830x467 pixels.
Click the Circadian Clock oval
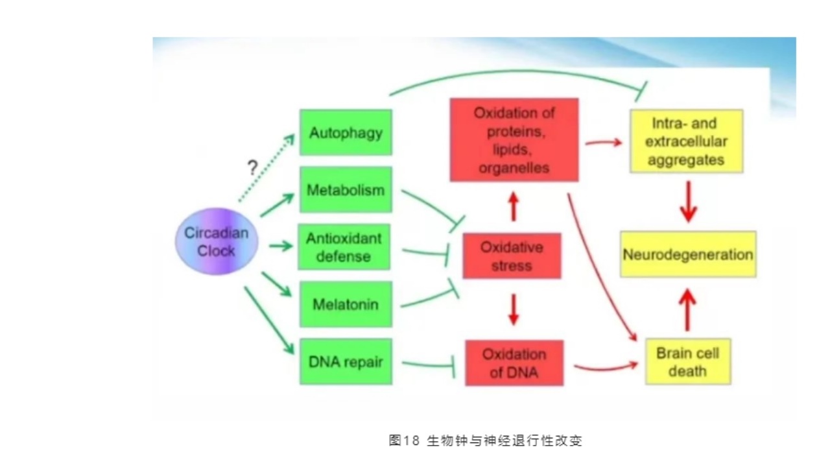[217, 241]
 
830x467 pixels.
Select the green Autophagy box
[346, 132]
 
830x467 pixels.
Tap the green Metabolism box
[346, 189]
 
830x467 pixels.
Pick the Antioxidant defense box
[344, 246]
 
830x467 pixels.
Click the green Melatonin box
[346, 304]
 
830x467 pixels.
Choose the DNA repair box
[346, 361]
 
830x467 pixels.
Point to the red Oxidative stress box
[512, 256]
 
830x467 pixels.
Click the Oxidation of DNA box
[514, 363]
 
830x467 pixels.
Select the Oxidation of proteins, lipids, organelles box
[514, 140]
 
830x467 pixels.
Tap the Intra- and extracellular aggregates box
[686, 141]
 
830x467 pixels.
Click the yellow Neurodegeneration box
[688, 254]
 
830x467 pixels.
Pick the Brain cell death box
[687, 361]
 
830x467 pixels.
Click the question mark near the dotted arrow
[252, 169]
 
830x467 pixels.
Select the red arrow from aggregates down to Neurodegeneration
[689, 202]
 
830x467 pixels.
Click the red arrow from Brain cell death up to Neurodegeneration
[687, 310]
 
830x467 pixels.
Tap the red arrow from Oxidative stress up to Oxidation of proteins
[514, 206]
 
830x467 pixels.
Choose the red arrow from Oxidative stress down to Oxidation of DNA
[514, 309]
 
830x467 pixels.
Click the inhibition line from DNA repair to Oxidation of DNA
[428, 365]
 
